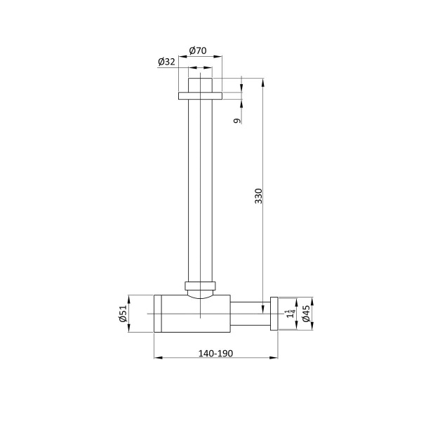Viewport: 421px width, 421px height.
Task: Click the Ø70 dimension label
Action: [197, 51]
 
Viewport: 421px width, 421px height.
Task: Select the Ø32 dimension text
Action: [166, 62]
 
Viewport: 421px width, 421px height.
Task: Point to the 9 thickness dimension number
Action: [237, 121]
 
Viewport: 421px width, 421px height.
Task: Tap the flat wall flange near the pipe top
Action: [200, 95]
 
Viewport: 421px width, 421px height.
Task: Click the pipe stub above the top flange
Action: [200, 84]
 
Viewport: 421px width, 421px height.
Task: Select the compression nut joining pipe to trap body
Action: [200, 286]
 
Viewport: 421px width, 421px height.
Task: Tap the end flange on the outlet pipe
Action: [274, 313]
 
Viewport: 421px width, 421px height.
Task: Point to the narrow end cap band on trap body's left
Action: [158, 313]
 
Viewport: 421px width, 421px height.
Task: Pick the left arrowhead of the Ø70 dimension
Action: [181, 58]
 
